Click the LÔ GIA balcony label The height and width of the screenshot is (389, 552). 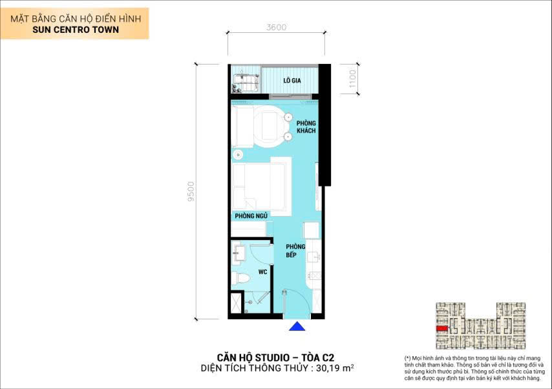pyautogui.click(x=293, y=81)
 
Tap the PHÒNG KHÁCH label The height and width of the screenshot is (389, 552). pyautogui.click(x=306, y=126)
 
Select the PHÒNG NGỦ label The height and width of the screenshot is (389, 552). pyautogui.click(x=251, y=215)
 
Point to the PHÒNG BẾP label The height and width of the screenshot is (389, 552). pyautogui.click(x=296, y=250)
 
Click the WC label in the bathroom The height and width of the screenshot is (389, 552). pyautogui.click(x=262, y=272)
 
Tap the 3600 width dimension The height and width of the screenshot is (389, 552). pyautogui.click(x=276, y=27)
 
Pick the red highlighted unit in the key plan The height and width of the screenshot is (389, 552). pyautogui.click(x=442, y=328)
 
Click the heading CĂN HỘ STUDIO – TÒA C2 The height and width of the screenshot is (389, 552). pyautogui.click(x=275, y=356)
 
